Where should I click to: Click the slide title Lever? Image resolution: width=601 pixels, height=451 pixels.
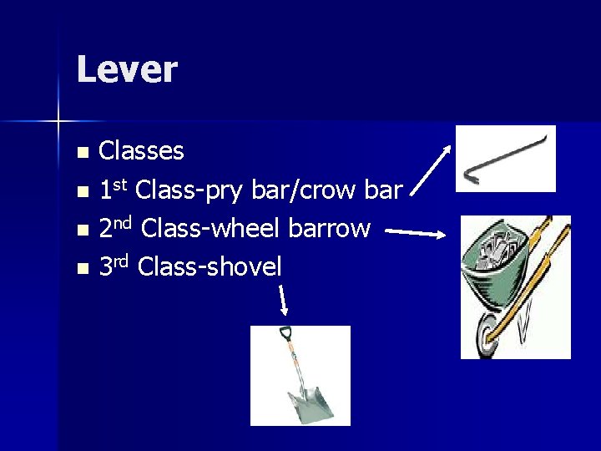pyautogui.click(x=126, y=69)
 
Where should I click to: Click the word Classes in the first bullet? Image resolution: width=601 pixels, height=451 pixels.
pyautogui.click(x=141, y=151)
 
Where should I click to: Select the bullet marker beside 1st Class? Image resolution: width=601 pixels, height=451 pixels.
pyautogui.click(x=82, y=192)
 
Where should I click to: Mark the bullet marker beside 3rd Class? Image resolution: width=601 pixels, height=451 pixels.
pyautogui.click(x=82, y=269)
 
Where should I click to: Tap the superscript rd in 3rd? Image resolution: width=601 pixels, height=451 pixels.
pyautogui.click(x=124, y=261)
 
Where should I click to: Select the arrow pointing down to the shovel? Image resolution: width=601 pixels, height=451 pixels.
pyautogui.click(x=283, y=300)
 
